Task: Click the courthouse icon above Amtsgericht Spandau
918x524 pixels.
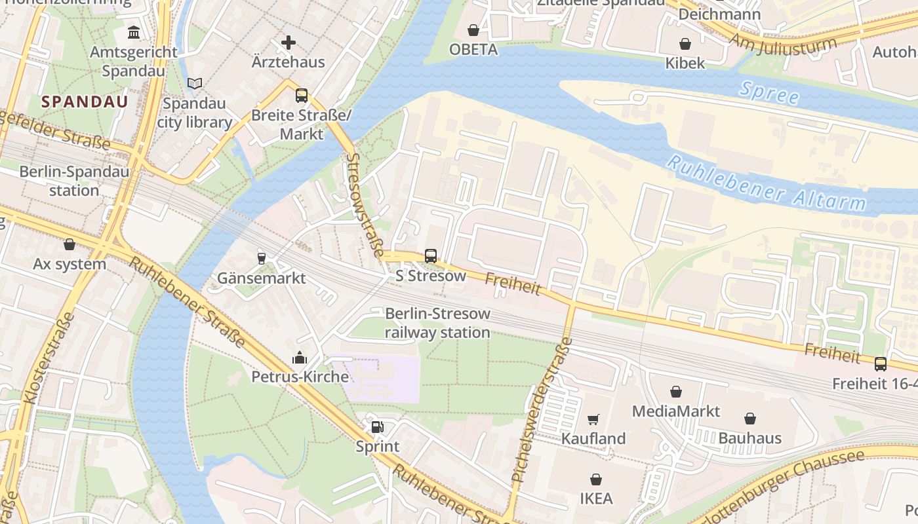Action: pos(134,31)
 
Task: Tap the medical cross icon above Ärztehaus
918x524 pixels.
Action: pos(288,43)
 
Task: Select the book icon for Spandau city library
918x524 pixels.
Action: pos(194,83)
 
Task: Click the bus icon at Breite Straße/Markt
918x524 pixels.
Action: pos(301,96)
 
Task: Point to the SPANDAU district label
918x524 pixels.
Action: pos(85,102)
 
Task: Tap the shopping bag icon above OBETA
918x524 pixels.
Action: pos(473,30)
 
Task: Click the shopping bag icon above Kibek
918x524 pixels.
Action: pos(685,44)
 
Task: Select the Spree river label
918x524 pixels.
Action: pos(768,93)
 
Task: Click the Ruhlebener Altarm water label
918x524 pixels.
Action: pos(767,184)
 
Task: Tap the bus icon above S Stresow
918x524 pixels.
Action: pos(431,256)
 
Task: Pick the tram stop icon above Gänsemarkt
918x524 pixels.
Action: pos(262,258)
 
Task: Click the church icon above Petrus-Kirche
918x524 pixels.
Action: pos(300,358)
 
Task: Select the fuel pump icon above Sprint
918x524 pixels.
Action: pos(377,427)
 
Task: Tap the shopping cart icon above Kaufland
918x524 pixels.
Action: pos(593,419)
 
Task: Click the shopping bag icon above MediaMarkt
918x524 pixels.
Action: pos(676,392)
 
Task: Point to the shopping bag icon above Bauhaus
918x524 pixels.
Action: pos(750,418)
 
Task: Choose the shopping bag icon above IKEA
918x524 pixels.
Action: pos(596,479)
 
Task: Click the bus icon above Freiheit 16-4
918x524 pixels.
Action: pos(880,364)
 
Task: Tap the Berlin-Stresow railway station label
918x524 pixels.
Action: pos(437,323)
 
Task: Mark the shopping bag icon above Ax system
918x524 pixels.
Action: pos(70,244)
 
